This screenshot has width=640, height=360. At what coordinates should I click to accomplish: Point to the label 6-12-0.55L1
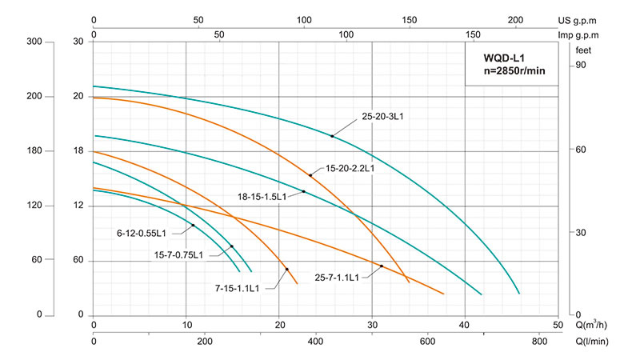tap(141, 234)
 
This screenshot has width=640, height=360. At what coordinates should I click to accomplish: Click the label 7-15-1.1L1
tap(237, 288)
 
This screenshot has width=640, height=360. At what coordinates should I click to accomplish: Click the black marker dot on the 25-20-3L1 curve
tap(332, 136)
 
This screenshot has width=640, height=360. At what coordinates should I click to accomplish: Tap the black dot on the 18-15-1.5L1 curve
tap(304, 191)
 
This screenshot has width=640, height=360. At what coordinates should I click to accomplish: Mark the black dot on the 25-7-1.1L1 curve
tap(382, 266)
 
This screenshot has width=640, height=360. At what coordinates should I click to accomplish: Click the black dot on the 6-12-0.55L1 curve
tap(193, 226)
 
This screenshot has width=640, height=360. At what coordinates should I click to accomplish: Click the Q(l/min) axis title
tap(594, 342)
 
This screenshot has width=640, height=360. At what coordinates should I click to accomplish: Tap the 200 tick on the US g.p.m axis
tap(515, 20)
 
